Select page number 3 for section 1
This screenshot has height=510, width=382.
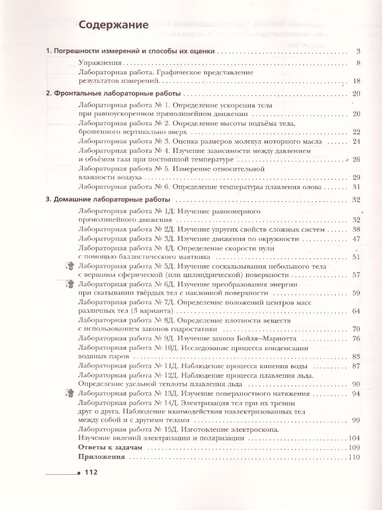click(358, 52)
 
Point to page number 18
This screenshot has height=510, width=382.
click(356, 81)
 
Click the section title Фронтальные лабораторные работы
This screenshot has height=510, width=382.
click(118, 93)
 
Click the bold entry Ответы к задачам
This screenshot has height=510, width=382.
click(110, 448)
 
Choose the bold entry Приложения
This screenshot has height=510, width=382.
click(102, 457)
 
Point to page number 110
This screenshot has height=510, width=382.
click(354, 457)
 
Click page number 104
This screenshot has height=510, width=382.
click(354, 439)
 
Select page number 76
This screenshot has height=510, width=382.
click(356, 339)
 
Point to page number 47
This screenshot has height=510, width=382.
click(356, 239)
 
